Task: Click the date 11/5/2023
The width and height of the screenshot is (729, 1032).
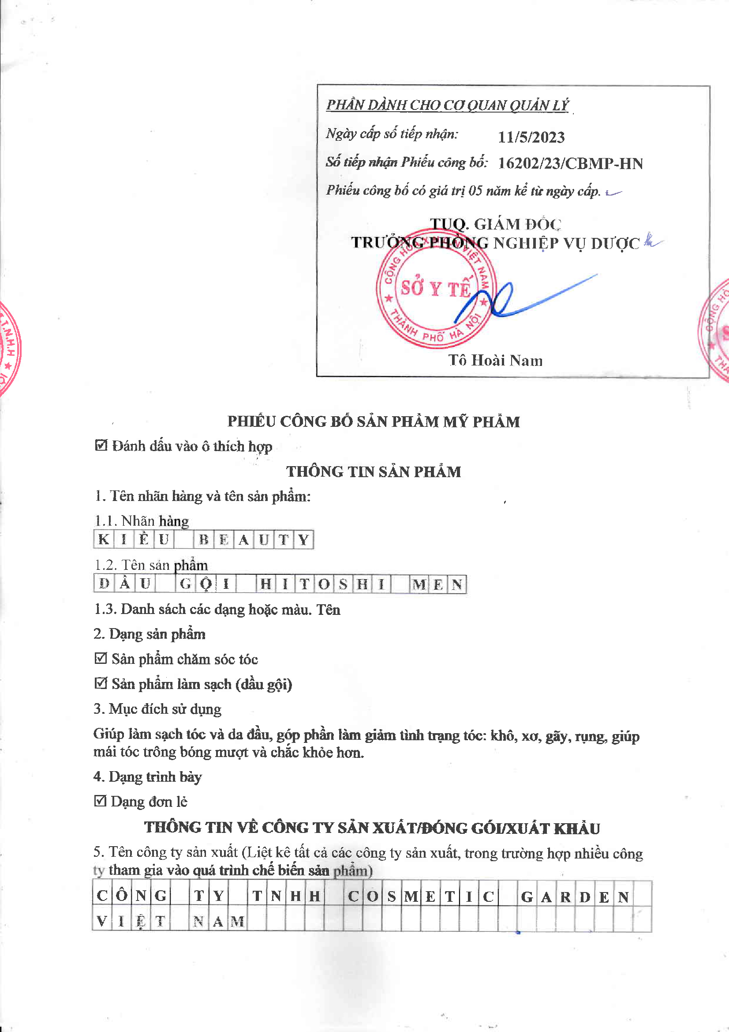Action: point(531,137)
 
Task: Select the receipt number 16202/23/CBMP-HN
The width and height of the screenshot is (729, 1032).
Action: point(570,163)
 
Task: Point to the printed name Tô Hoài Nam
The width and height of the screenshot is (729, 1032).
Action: point(495,360)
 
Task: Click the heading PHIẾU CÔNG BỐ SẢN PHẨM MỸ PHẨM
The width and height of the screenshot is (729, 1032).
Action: point(373,421)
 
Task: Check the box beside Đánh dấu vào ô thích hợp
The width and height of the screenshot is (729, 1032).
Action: point(101,445)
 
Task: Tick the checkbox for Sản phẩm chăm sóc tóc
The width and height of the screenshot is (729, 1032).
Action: point(101,658)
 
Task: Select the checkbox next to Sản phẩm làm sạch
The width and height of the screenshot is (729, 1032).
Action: point(101,683)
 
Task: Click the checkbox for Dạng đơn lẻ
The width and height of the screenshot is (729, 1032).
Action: point(100,801)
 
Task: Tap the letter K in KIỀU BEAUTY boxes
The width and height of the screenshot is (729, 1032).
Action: point(103,539)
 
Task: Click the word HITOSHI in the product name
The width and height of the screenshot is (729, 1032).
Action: point(322,584)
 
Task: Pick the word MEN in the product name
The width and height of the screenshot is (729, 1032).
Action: point(437,584)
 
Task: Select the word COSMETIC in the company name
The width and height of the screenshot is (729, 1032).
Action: point(421,896)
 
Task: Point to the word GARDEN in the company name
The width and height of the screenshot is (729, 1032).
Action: point(574,896)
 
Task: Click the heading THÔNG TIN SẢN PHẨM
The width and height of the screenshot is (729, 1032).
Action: point(373,471)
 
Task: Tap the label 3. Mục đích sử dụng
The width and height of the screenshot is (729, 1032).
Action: point(157,709)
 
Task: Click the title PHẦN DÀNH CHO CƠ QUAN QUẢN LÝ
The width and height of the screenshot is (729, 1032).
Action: point(447,105)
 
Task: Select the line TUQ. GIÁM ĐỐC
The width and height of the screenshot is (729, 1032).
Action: point(495,224)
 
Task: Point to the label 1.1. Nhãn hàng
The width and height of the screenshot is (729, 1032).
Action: point(142,520)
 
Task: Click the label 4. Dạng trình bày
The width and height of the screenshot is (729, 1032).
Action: point(148,776)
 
